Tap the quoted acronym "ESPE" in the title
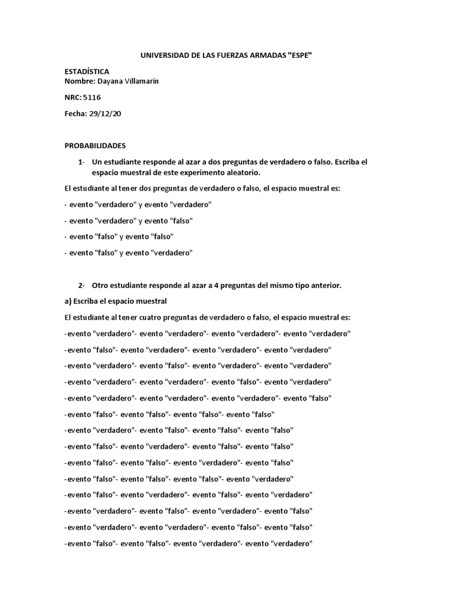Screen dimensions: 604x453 click(x=297, y=55)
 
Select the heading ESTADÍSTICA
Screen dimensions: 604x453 click(x=87, y=71)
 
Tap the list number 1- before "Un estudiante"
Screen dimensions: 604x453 click(x=81, y=162)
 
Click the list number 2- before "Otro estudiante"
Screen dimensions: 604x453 click(x=81, y=285)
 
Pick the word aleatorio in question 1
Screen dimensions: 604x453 click(x=242, y=172)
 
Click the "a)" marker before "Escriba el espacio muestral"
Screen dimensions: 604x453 click(x=67, y=301)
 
